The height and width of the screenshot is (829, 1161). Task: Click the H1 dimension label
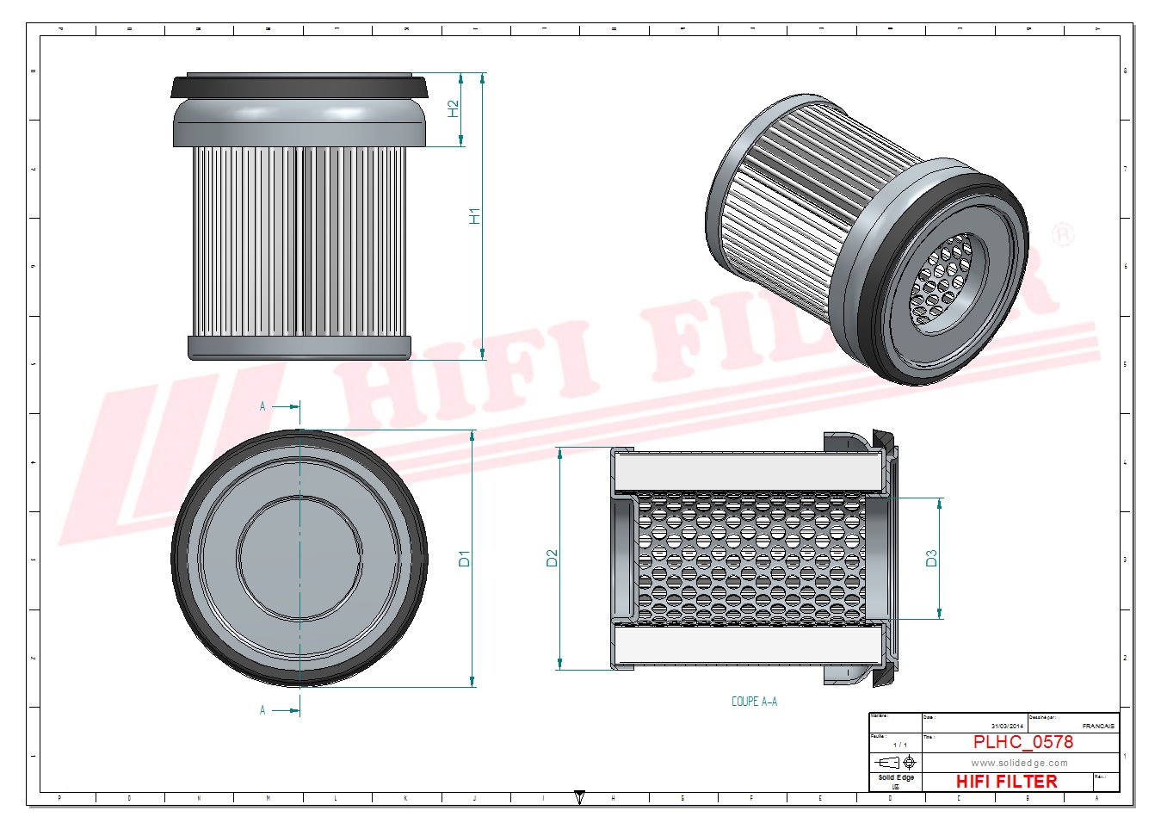click(x=474, y=216)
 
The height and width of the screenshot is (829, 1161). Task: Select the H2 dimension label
click(x=454, y=109)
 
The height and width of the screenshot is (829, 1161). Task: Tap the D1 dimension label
click(x=465, y=559)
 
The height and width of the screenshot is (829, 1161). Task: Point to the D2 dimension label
click(x=553, y=559)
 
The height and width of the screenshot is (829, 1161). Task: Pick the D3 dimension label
click(x=931, y=559)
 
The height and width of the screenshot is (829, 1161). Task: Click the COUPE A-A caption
click(x=754, y=702)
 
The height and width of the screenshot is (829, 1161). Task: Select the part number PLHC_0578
click(x=1022, y=742)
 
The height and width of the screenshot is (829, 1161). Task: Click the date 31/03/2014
click(x=1007, y=726)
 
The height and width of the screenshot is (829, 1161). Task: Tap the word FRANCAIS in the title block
click(x=1098, y=726)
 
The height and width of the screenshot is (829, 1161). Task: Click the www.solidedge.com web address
click(x=1019, y=763)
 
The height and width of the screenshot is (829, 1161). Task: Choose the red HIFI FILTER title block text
click(x=1006, y=782)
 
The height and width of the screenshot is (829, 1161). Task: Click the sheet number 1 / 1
click(x=899, y=745)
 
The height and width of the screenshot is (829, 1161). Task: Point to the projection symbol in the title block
click(x=895, y=763)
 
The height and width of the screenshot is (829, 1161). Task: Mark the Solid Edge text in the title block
click(x=896, y=777)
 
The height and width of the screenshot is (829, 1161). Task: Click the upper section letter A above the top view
click(x=262, y=406)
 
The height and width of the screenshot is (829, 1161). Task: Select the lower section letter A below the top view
click(x=262, y=710)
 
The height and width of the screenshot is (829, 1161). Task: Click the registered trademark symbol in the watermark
click(x=1064, y=234)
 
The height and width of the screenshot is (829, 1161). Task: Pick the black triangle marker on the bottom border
click(x=579, y=797)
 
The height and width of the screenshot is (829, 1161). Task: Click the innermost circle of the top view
click(x=300, y=558)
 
